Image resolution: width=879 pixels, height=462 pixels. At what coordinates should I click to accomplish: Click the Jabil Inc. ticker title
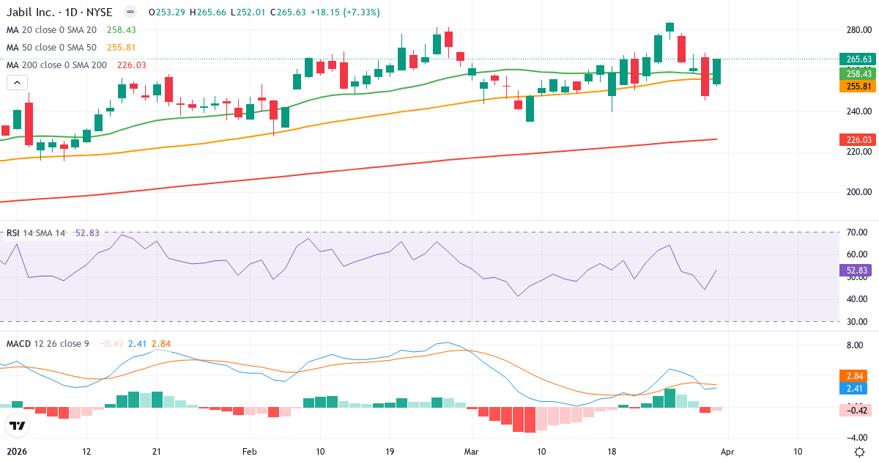click(59, 12)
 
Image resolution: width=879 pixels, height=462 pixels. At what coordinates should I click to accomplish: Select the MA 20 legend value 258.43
click(121, 30)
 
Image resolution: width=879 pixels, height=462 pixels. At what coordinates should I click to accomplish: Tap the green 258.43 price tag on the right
click(857, 74)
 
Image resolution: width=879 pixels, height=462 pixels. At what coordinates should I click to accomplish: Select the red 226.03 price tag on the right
click(857, 139)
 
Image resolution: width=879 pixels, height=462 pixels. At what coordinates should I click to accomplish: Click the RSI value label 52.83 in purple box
click(857, 271)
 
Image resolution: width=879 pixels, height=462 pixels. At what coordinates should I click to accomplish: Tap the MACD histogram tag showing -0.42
click(857, 411)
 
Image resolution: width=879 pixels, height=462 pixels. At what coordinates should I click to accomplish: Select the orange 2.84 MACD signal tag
click(857, 375)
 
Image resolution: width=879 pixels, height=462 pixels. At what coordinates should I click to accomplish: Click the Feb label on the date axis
click(250, 452)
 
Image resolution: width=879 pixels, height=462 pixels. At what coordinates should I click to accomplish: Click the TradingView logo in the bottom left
click(17, 425)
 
